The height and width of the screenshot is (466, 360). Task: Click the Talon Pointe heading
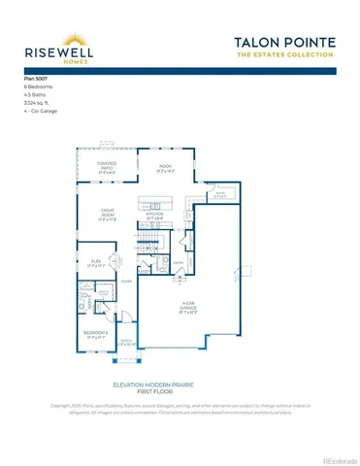[x=284, y=42]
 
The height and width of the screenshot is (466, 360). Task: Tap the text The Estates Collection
[x=284, y=55]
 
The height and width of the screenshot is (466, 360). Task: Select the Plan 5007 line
[x=36, y=77]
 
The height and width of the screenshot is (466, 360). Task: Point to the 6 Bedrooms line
[x=39, y=86]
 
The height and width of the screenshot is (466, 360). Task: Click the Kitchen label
[x=154, y=218]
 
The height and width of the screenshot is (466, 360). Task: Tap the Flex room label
[x=95, y=264]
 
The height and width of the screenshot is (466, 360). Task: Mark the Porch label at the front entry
[x=123, y=340]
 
